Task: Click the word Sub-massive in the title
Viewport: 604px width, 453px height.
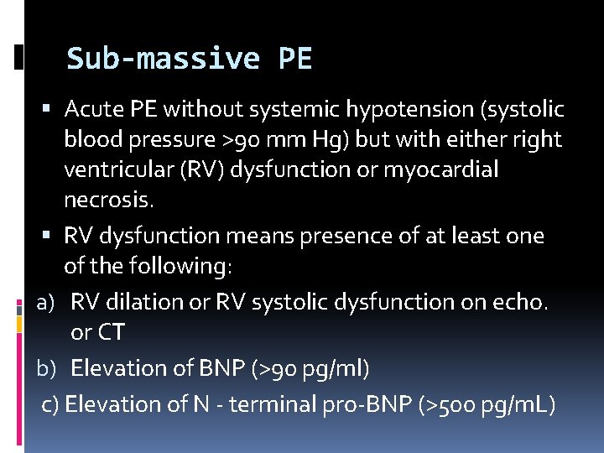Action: pyautogui.click(x=164, y=59)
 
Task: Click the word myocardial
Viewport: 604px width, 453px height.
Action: pyautogui.click(x=440, y=170)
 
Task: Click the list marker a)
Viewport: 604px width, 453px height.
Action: pyautogui.click(x=46, y=301)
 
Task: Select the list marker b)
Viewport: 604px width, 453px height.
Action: pyautogui.click(x=46, y=368)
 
